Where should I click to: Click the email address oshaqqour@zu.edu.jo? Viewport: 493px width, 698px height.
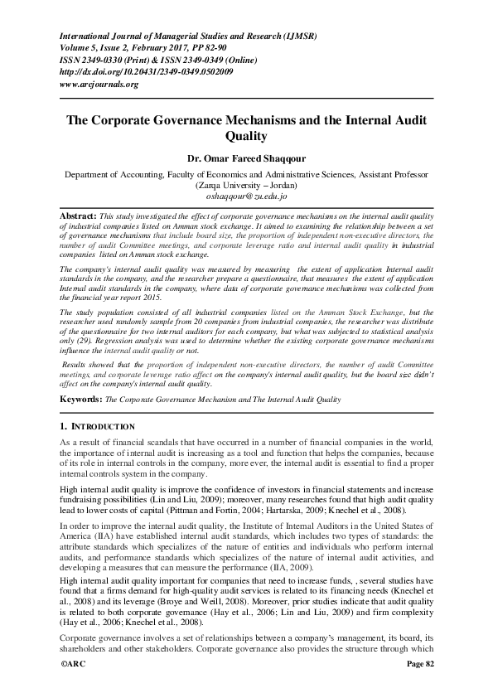coord(246,198)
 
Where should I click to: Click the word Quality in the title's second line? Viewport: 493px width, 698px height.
coord(246,134)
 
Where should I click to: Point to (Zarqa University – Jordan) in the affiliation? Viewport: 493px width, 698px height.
coord(246,187)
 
